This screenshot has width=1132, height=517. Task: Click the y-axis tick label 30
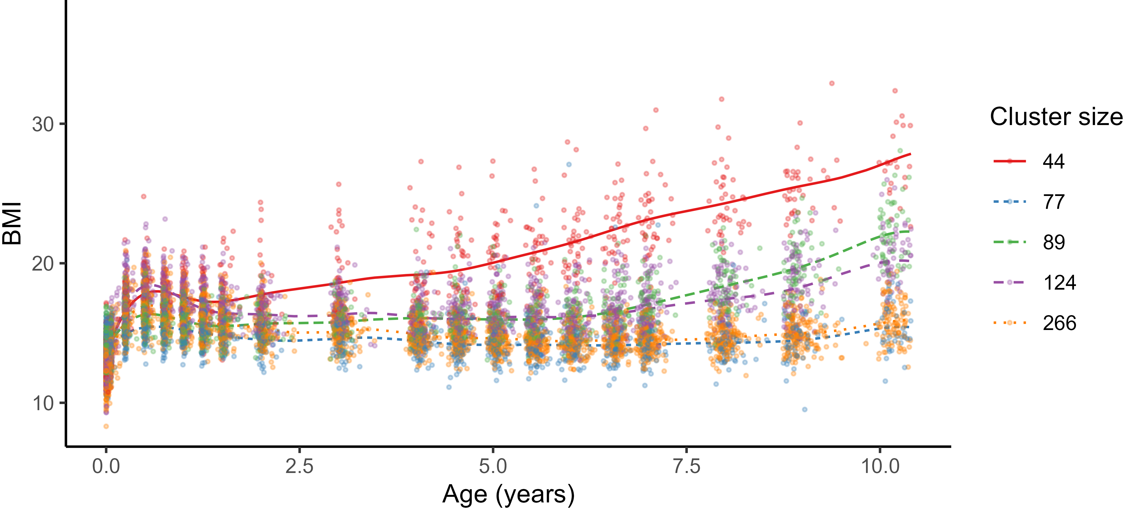tap(43, 125)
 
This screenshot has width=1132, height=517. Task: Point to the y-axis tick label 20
tap(43, 264)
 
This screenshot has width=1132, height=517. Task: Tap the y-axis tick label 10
tap(43, 403)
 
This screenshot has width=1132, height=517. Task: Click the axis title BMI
tap(12, 223)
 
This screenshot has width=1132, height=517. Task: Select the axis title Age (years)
tap(508, 495)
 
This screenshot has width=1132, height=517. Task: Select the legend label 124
tap(1059, 283)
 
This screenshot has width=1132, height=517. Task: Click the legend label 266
tap(1059, 323)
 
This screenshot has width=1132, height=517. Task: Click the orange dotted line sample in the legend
tap(1010, 323)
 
